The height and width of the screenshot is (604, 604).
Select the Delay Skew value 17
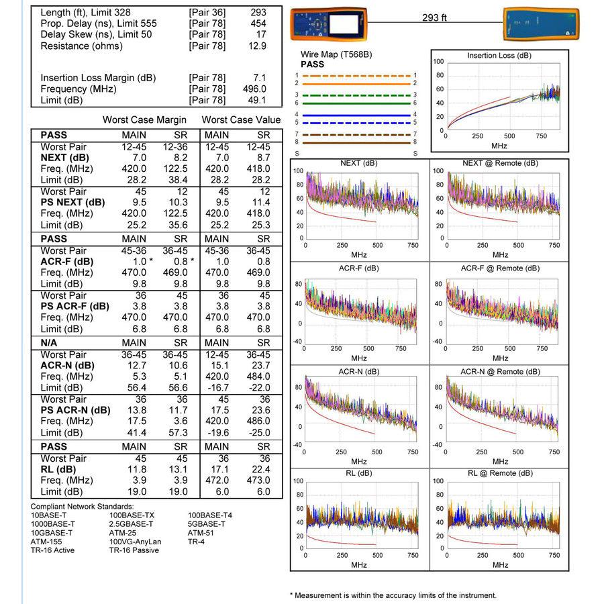tap(261, 34)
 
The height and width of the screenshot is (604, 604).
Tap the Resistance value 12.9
tap(256, 46)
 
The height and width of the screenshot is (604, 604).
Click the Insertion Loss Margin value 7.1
tap(259, 78)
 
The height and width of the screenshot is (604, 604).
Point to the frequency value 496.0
tap(254, 89)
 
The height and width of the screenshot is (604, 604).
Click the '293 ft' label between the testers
tap(434, 17)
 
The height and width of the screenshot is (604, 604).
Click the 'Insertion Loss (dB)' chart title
tap(499, 56)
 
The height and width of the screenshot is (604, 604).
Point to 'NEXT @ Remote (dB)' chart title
tap(500, 163)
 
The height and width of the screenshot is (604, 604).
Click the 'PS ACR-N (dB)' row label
tap(75, 410)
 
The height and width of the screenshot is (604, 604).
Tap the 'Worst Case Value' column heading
tap(240, 120)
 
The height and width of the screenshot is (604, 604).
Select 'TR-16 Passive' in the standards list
tap(134, 550)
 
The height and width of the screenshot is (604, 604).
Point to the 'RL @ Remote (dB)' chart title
tap(500, 473)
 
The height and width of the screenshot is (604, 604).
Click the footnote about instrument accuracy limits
tap(393, 595)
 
